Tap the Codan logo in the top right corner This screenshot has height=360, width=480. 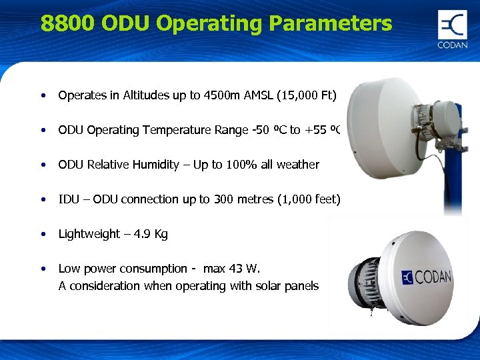(x=452, y=29)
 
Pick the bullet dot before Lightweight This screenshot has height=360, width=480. (x=43, y=234)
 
